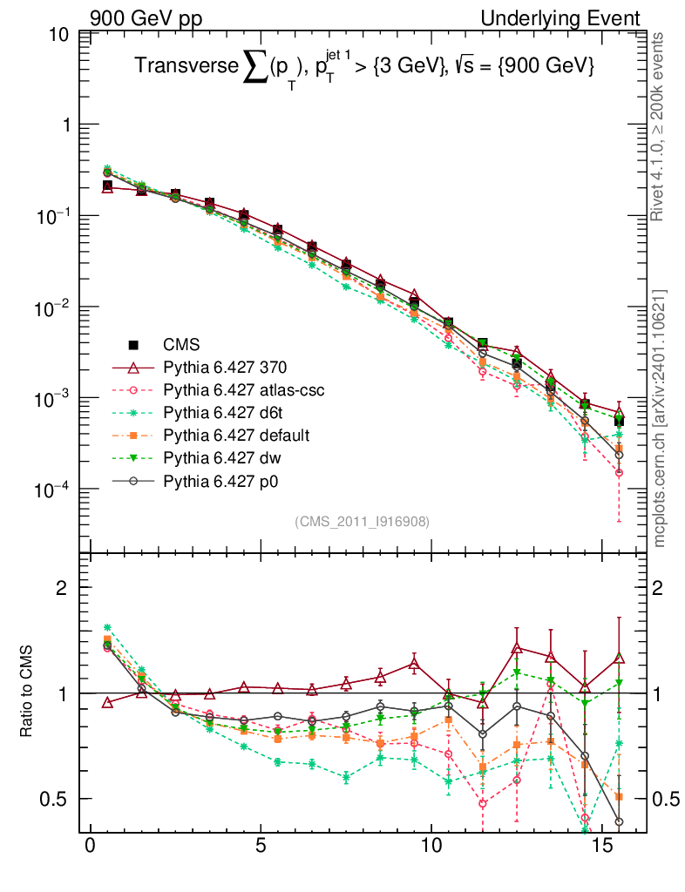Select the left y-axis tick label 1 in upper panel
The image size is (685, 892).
[x=65, y=125]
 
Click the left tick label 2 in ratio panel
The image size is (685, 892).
[x=65, y=588]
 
